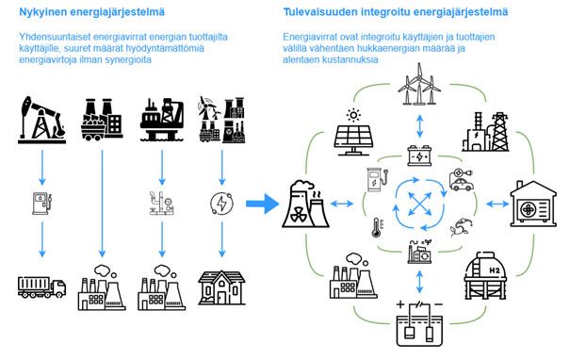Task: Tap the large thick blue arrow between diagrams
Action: [x=263, y=201]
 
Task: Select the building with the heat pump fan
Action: [x=534, y=202]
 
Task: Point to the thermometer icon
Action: [x=376, y=226]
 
